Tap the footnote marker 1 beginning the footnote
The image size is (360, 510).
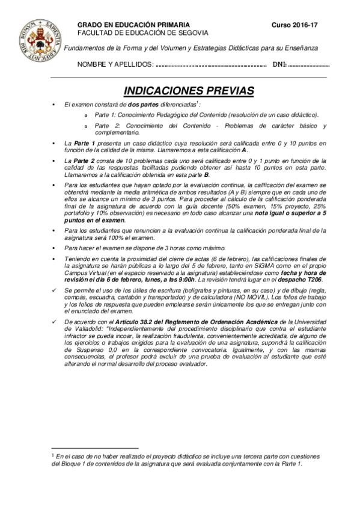click(x=53, y=456)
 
